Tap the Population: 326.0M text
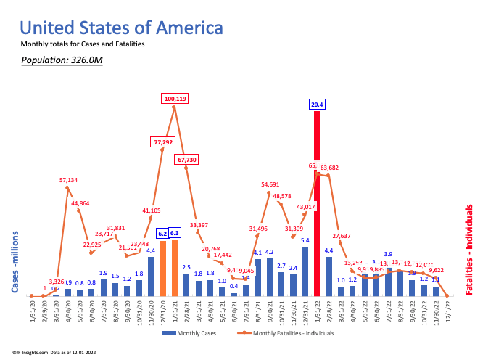pos(61,59)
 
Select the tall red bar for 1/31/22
pos(317,203)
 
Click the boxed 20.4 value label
pos(317,105)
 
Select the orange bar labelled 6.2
pos(162,269)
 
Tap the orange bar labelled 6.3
pos(175,268)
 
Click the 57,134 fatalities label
pos(67,179)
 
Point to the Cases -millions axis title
pos(15,262)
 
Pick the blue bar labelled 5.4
pos(305,272)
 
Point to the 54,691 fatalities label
pos(270,185)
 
